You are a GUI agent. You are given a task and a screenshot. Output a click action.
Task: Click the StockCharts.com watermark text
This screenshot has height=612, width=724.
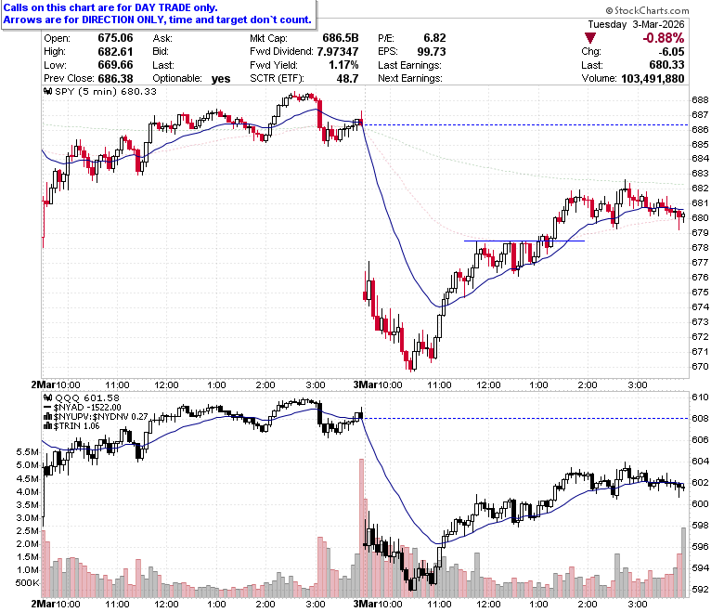click(647, 10)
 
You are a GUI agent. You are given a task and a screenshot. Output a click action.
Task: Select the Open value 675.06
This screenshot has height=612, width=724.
click(115, 38)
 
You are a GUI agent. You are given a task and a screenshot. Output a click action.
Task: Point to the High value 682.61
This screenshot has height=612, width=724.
click(115, 51)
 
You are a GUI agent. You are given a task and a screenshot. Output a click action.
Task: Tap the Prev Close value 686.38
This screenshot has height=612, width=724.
click(115, 78)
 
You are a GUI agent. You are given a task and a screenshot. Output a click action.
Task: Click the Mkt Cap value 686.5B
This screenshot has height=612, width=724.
click(341, 38)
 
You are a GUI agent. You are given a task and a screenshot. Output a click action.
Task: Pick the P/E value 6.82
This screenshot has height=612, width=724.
click(434, 38)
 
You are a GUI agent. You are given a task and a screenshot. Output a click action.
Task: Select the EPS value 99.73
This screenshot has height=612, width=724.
click(432, 51)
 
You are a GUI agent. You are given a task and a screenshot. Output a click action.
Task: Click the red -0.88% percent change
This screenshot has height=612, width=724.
click(664, 38)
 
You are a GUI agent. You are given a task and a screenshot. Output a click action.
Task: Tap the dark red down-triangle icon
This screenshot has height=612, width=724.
click(590, 38)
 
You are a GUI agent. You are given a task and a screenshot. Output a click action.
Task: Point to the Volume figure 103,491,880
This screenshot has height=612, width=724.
click(653, 78)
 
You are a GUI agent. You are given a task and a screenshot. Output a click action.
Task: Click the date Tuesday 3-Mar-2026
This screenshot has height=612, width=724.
click(636, 24)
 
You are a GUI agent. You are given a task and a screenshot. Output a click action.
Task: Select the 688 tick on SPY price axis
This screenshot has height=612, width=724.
click(700, 99)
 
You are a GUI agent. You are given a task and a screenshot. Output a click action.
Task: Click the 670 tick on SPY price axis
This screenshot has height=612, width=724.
click(700, 366)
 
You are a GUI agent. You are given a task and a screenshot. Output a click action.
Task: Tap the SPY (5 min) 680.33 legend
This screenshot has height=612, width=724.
click(99, 91)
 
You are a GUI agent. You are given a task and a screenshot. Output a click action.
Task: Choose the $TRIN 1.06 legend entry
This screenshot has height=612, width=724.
click(71, 426)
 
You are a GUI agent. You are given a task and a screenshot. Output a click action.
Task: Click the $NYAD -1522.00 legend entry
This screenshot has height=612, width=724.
click(83, 408)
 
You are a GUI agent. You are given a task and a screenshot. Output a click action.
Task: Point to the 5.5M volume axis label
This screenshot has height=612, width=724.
click(27, 451)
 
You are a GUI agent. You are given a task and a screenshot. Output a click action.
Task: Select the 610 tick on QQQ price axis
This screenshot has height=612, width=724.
click(700, 397)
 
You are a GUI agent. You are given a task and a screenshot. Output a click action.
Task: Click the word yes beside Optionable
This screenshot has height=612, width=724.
click(221, 79)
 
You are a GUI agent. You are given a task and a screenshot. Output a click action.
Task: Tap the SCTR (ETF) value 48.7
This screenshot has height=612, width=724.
click(347, 78)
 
